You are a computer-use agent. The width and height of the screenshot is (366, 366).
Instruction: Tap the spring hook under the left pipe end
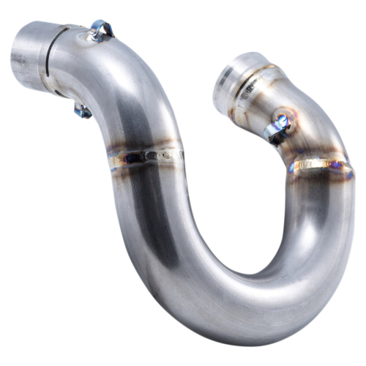(x=81, y=110)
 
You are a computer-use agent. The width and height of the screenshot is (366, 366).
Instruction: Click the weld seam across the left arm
(x=146, y=156)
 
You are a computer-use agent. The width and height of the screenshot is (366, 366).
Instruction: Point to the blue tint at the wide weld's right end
(x=344, y=173)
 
